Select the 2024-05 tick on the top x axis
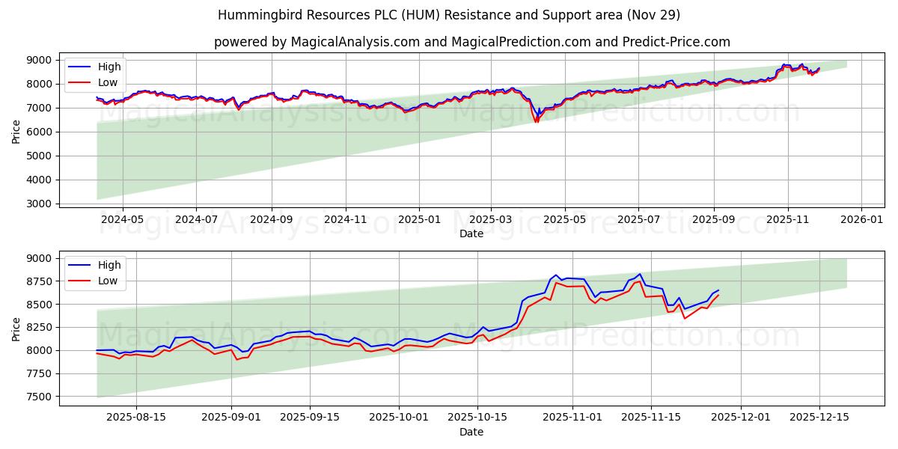122,219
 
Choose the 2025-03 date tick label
491,219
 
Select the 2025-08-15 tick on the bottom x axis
135,418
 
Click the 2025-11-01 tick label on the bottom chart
572,418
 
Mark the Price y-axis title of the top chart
16,131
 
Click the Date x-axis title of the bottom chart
471,432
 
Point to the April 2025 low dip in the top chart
536,121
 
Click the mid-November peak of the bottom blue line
640,274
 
